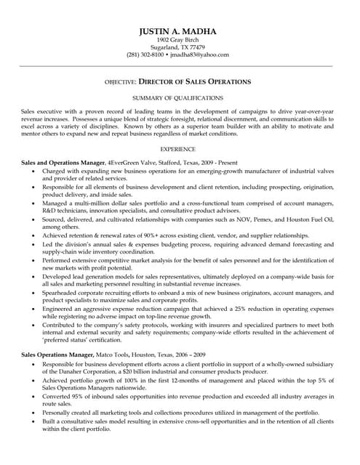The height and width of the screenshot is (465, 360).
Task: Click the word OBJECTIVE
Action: (120, 82)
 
